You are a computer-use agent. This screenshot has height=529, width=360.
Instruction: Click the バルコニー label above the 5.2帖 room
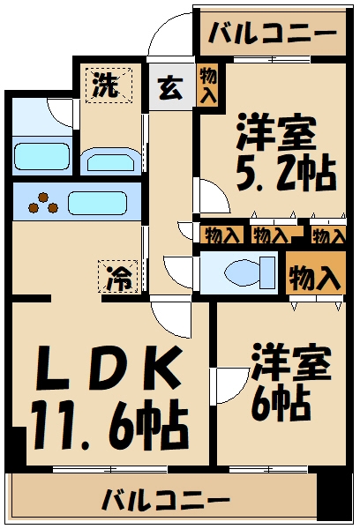(x=272, y=36)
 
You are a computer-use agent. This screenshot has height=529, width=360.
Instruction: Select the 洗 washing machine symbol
(x=107, y=86)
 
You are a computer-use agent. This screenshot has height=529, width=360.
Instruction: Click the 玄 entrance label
(x=169, y=88)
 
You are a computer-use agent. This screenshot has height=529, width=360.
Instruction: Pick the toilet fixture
(x=242, y=272)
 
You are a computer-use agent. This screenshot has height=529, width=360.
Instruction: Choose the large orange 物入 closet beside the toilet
(x=315, y=276)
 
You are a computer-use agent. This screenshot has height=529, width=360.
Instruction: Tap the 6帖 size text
(x=278, y=405)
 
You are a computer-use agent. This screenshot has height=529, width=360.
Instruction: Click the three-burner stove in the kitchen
(x=41, y=204)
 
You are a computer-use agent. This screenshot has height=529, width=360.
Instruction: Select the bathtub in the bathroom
(x=41, y=156)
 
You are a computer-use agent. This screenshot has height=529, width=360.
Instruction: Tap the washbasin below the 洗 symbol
(x=109, y=160)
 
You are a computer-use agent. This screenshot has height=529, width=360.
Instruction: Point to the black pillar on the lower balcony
(x=334, y=499)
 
